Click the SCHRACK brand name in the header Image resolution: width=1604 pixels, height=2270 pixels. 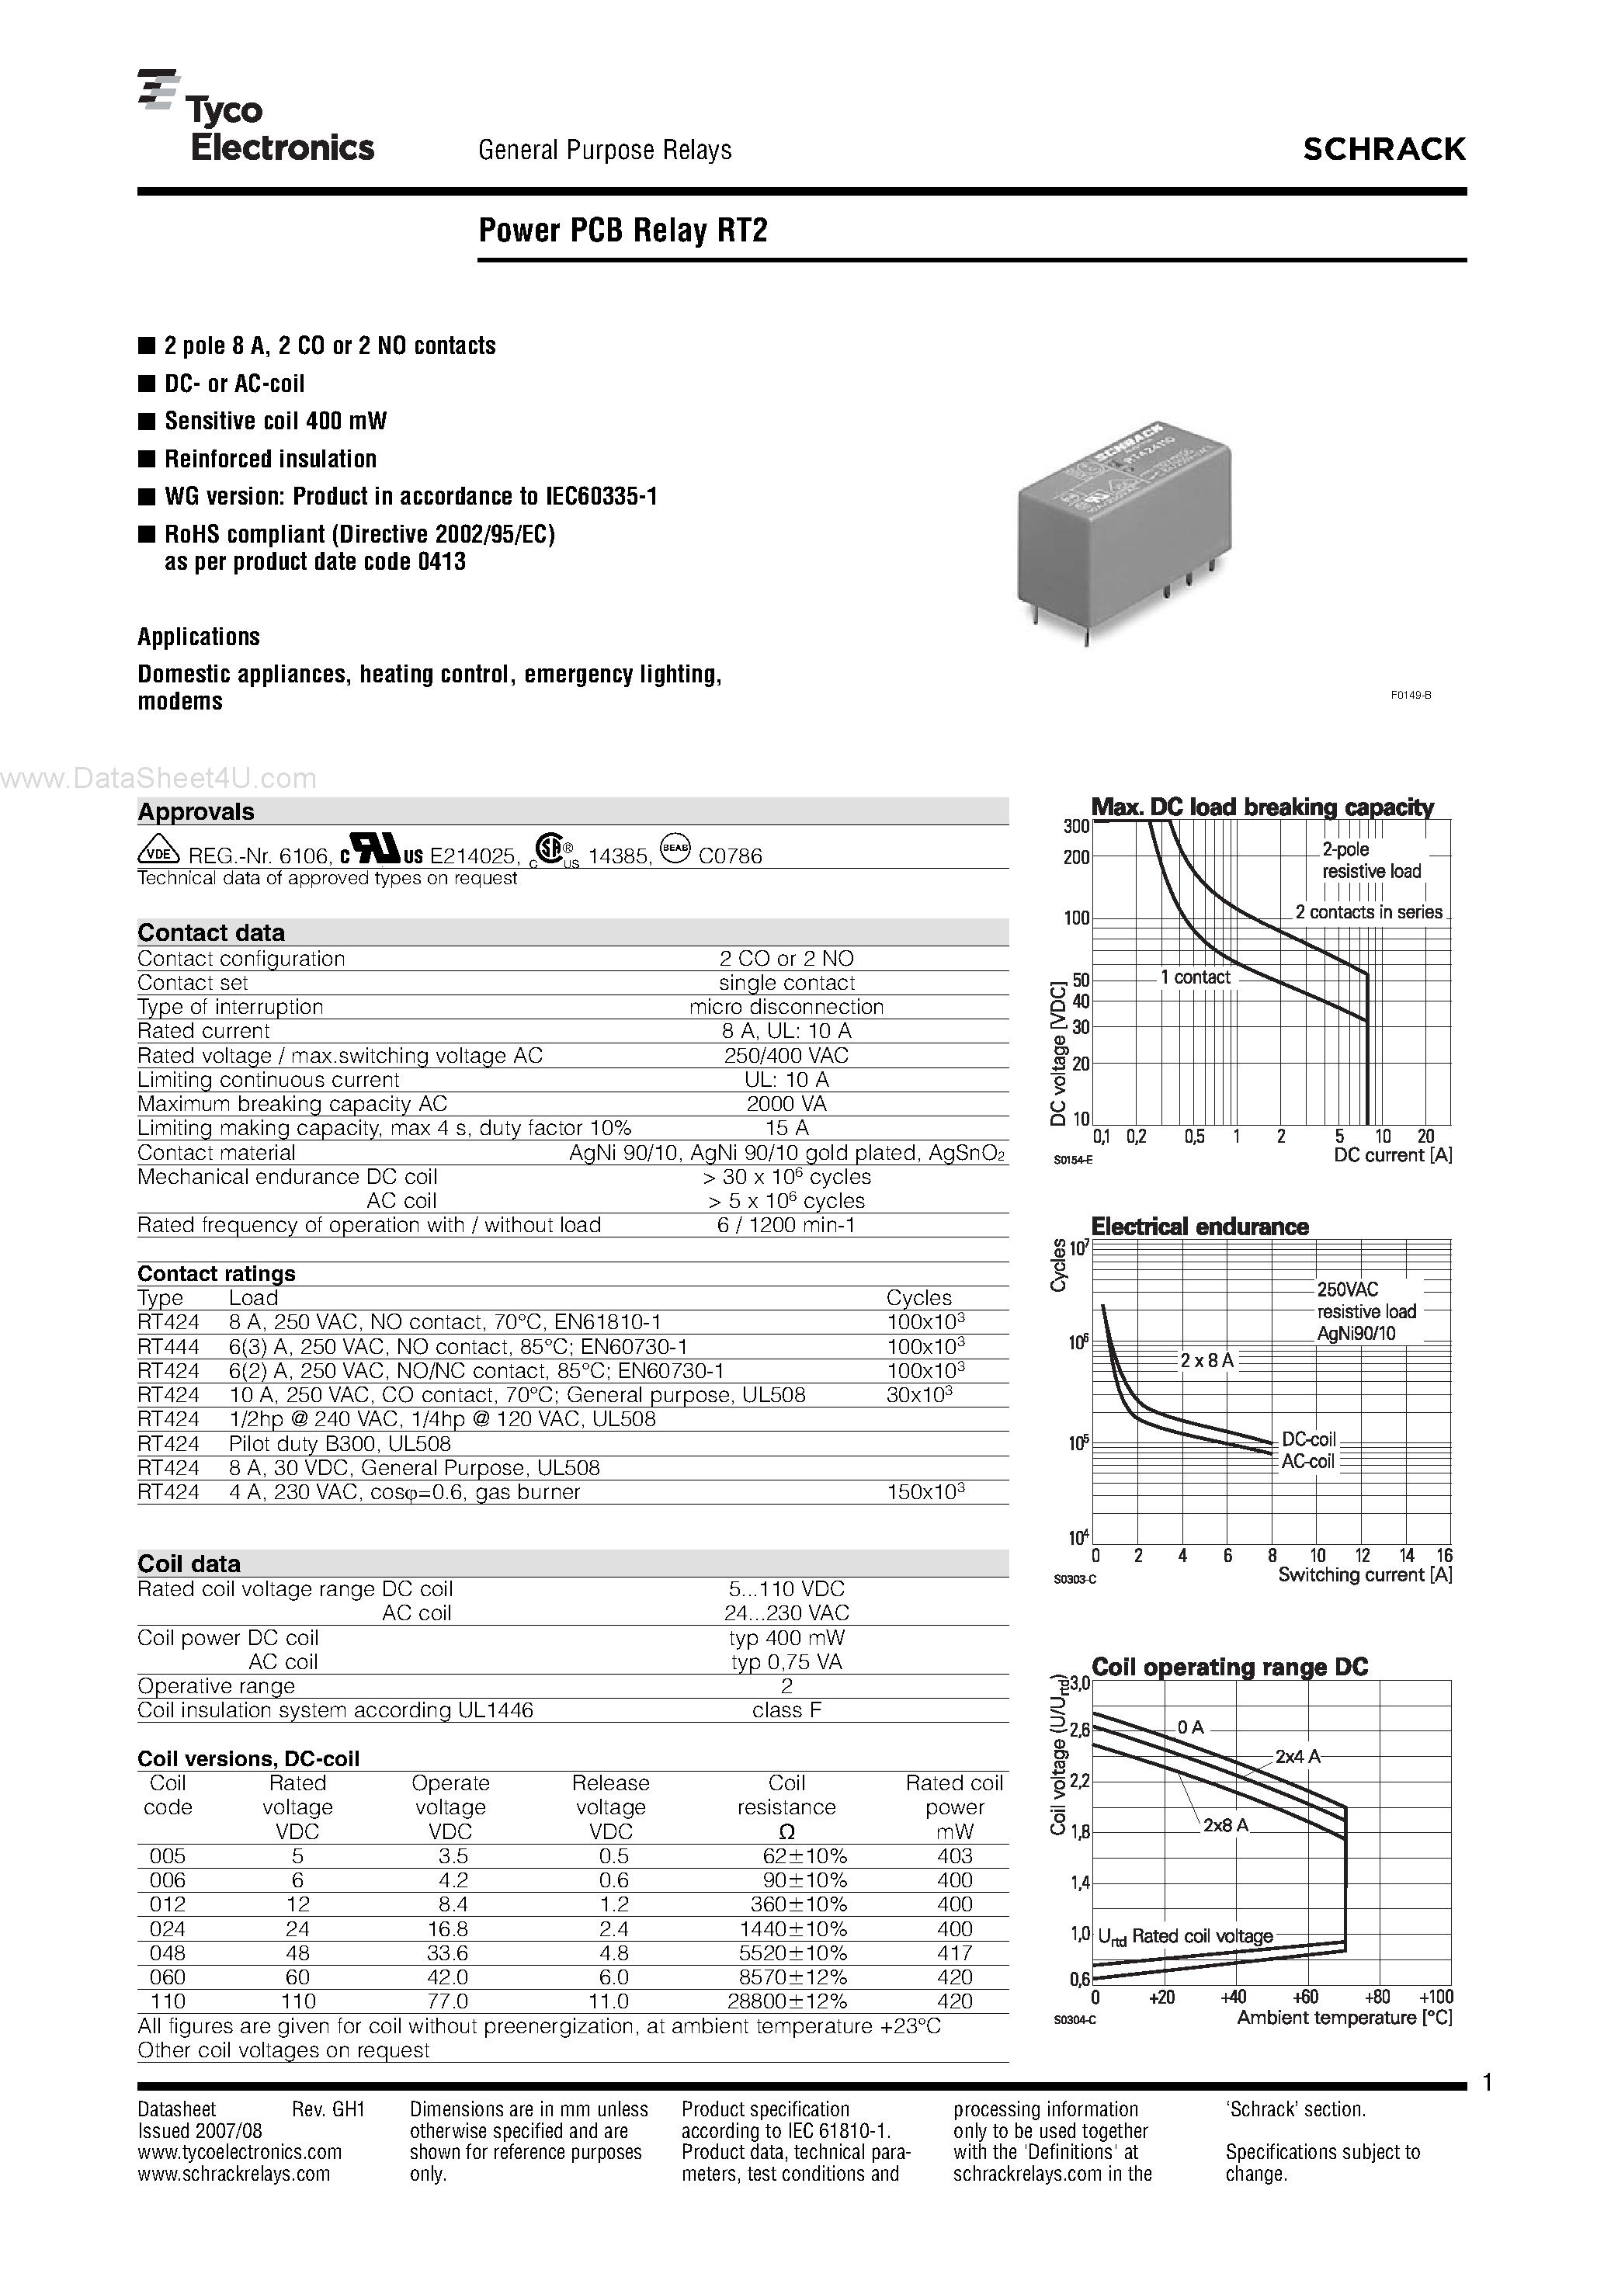[x=1383, y=149]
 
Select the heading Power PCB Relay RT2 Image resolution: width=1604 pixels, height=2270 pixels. [x=623, y=231]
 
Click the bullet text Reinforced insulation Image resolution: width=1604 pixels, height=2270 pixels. [x=270, y=459]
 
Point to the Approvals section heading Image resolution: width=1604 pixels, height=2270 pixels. [x=196, y=812]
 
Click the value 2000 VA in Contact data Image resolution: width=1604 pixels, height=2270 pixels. [x=786, y=1103]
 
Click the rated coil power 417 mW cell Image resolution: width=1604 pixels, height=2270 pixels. [x=954, y=1952]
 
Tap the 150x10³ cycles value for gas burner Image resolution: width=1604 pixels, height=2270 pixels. [x=925, y=1492]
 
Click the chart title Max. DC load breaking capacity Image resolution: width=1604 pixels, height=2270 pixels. [x=1262, y=807]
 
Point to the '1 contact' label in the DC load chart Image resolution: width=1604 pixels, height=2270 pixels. [x=1195, y=977]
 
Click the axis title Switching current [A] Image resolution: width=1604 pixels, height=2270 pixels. [x=1365, y=1575]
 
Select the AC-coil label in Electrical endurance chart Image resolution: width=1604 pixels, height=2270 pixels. [x=1307, y=1461]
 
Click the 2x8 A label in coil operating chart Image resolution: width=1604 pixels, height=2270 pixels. [x=1225, y=1825]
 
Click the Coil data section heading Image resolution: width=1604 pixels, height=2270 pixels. [x=189, y=1563]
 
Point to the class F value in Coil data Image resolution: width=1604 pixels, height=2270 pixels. [x=786, y=1709]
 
